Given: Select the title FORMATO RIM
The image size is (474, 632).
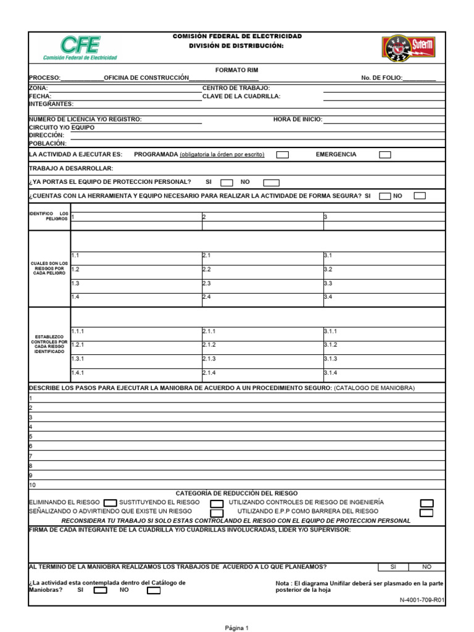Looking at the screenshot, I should pos(237,70).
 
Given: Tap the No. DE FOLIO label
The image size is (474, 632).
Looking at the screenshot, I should pos(381,78).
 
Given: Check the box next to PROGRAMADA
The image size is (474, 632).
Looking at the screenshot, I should pos(282,155).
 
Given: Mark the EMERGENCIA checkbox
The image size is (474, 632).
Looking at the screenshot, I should pos(385,155).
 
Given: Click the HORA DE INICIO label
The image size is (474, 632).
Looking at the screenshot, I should pos(297,120).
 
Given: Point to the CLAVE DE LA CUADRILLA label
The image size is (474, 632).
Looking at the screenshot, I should pos(241,96).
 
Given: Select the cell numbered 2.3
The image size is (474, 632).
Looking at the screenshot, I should pos(207,283).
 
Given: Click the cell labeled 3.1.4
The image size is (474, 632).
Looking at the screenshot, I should pos(331,373).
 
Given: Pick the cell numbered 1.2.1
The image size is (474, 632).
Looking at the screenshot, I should pos(78,345).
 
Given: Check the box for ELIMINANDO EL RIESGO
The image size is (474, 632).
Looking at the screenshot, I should pos(110,502).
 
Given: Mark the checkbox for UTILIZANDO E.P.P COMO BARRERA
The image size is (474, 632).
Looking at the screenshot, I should pos(426,512).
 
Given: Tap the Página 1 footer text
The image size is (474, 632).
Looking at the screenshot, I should pos(236,628).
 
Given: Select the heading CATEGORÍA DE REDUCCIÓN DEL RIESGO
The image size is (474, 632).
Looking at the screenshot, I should pos(236,494).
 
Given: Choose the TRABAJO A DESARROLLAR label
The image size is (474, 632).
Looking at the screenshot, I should pos(71,168).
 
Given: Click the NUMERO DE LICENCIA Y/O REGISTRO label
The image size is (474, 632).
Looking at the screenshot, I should pos(85,120).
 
